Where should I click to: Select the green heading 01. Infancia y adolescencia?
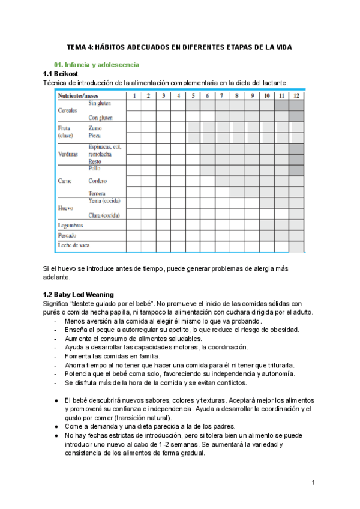point(97,64)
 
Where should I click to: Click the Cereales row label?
point(68,111)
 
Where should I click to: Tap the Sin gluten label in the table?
point(100,103)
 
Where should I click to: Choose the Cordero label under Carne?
point(98,181)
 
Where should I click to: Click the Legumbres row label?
point(71,226)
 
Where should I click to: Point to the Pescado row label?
point(67,236)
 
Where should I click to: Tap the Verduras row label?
point(68,154)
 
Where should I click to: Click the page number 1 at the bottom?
point(313,483)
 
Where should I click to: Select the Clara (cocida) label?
point(104,215)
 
